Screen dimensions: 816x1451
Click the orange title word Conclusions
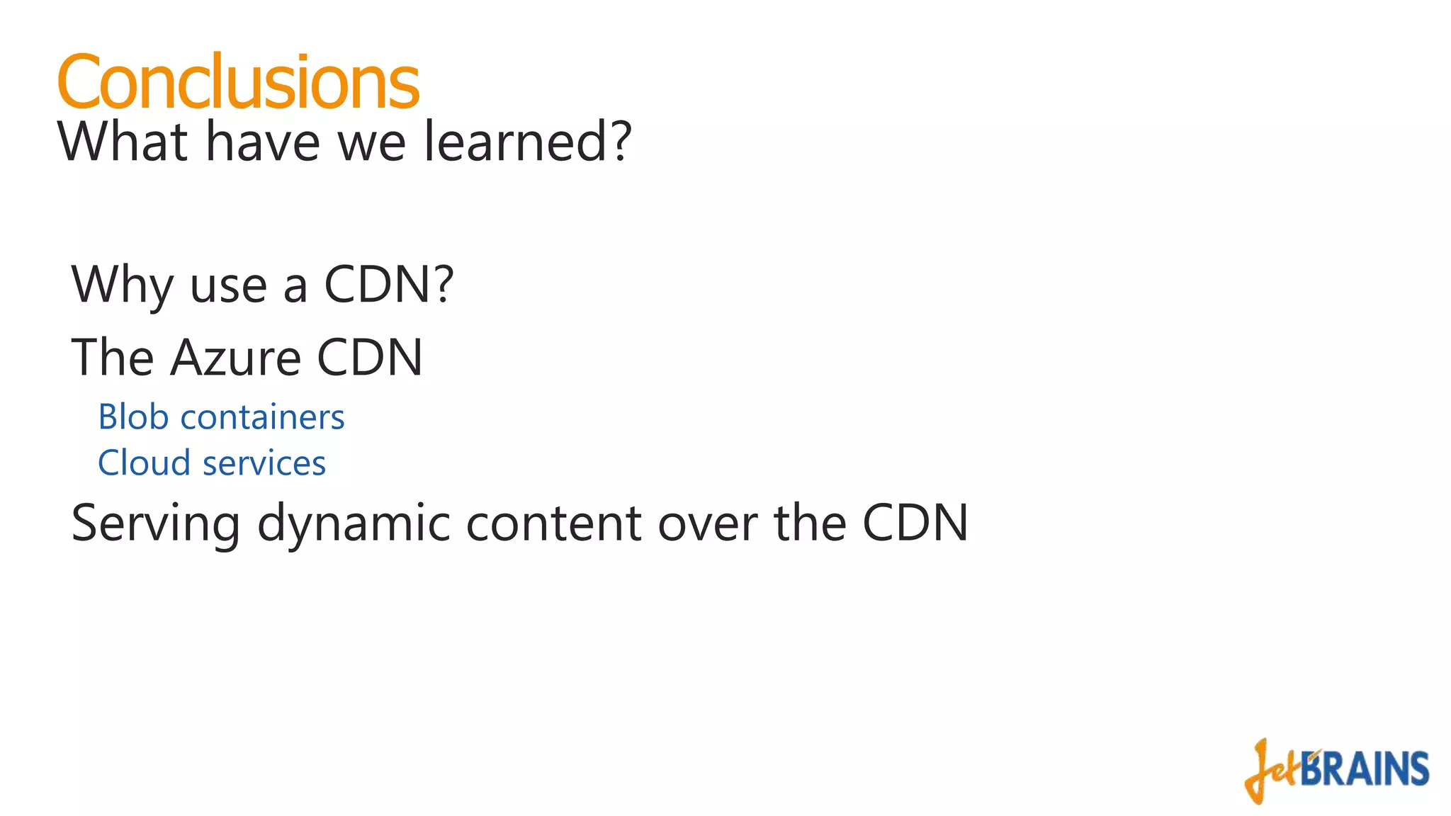coord(238,82)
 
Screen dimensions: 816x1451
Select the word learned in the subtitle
coord(514,142)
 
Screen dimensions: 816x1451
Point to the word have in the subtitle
coord(263,142)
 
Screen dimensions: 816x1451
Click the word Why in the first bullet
coord(122,285)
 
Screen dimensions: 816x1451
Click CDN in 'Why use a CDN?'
coord(378,285)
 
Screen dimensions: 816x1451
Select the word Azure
coord(236,358)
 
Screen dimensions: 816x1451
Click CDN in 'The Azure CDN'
coord(369,358)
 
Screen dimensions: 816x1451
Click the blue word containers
coord(262,417)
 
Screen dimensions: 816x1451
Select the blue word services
coord(264,464)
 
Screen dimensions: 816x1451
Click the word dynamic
coord(354,524)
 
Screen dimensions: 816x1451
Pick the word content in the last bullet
coord(554,524)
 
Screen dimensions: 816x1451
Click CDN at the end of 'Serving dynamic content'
coord(915,524)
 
